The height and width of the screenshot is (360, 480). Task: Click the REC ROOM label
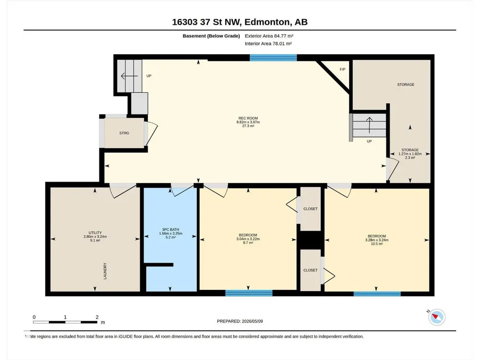[x=248, y=118]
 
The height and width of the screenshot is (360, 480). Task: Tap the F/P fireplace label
[x=342, y=69]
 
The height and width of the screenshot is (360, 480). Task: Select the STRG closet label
[x=124, y=133]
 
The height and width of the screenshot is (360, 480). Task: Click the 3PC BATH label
[x=170, y=229]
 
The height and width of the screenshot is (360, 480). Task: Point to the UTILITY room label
[x=95, y=233]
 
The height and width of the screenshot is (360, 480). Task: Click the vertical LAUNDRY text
[x=105, y=271]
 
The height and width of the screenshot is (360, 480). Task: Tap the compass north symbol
[x=436, y=317]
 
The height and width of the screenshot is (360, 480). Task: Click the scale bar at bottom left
[x=65, y=322]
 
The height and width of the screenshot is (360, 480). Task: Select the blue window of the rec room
[x=273, y=58]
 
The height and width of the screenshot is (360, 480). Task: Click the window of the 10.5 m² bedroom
[x=377, y=294]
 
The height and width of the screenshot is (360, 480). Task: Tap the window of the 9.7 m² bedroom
[x=249, y=293]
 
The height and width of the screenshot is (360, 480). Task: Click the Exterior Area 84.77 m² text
[x=269, y=36]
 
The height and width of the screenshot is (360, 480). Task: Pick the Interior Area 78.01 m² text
[x=268, y=44]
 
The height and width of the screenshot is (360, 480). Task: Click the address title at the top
[x=240, y=22]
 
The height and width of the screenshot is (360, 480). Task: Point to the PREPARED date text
[x=240, y=321]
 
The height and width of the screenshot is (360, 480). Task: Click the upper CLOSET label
[x=310, y=209]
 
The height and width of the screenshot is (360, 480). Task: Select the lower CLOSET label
[x=310, y=270]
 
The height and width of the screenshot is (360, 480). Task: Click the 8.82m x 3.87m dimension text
[x=248, y=122]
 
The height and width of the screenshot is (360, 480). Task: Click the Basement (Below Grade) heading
[x=211, y=36]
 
